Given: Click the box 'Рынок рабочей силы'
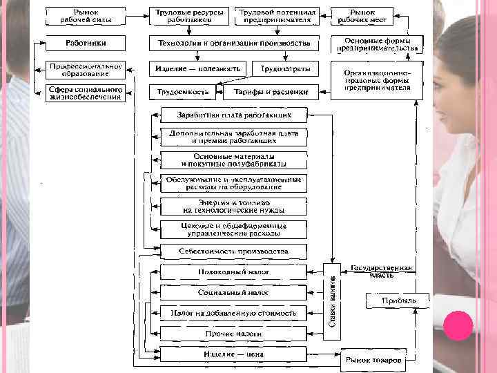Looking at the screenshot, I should click(86, 17).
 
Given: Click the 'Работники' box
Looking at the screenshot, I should click(86, 44).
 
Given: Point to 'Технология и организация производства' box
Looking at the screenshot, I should click(234, 44).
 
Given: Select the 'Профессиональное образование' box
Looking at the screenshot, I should click(86, 70).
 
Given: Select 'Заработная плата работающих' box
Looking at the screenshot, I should click(233, 115).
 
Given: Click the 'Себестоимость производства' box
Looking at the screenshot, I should click(233, 251).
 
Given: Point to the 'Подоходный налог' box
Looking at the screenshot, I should click(233, 271).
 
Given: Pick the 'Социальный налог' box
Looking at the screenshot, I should click(233, 292).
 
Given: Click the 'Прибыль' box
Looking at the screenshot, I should click(398, 301).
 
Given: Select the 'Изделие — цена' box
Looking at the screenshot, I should click(233, 355).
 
